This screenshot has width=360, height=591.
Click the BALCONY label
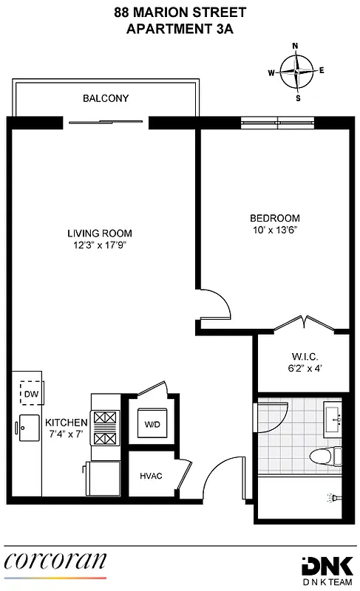(x=106, y=98)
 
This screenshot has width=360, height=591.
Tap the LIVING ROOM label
(x=99, y=233)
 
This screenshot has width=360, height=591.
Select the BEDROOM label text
(x=274, y=218)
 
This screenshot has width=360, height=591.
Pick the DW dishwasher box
(x=31, y=394)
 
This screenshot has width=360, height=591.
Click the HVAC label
(x=151, y=476)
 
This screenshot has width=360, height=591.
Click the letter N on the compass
(x=296, y=46)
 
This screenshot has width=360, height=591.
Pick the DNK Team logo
(x=328, y=566)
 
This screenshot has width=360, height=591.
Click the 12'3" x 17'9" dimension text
(x=100, y=245)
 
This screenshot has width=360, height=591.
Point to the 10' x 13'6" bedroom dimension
(x=274, y=230)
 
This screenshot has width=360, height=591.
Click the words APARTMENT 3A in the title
(x=180, y=29)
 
